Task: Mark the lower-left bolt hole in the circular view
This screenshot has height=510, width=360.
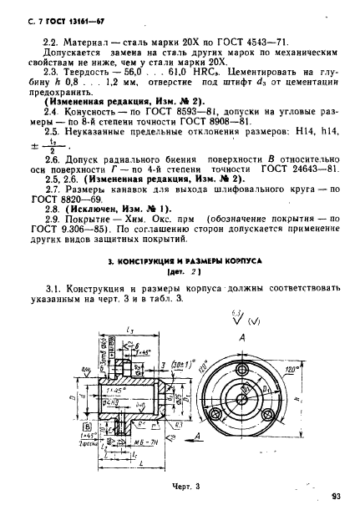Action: (x=219, y=413)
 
